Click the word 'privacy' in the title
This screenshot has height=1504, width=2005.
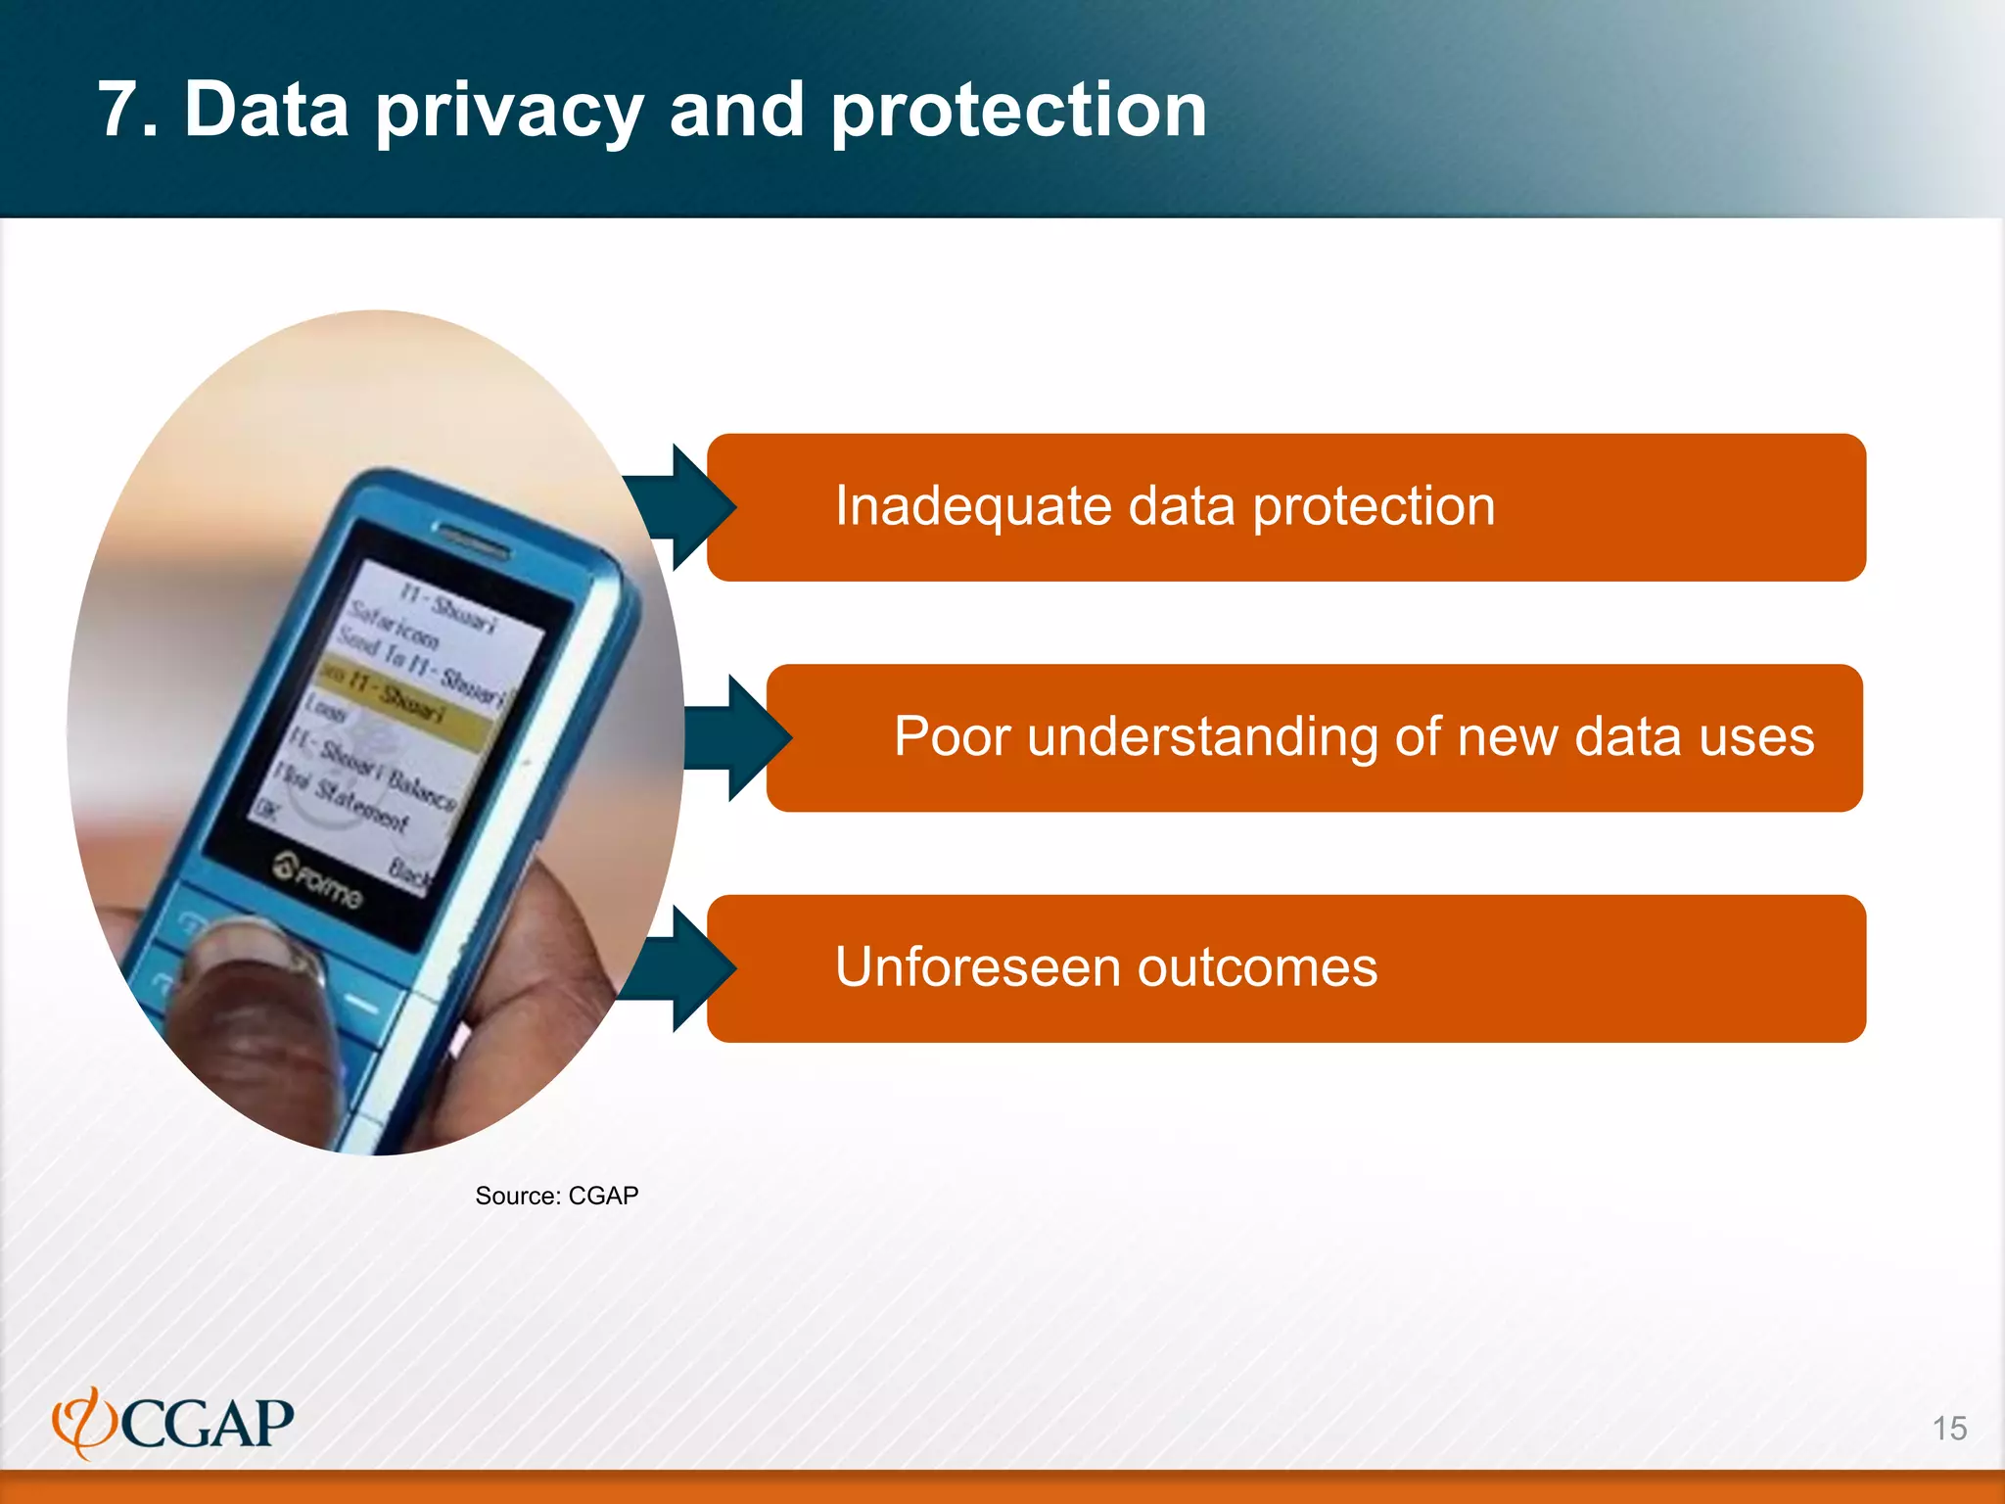(509, 112)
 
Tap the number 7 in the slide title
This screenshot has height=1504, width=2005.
(127, 110)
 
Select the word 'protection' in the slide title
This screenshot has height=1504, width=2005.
(1018, 112)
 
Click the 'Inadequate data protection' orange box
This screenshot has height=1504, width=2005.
(1285, 507)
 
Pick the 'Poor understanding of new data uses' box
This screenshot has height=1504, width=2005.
(1314, 737)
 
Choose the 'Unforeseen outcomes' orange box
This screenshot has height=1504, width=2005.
(1285, 968)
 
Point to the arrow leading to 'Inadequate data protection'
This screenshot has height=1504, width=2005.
(685, 507)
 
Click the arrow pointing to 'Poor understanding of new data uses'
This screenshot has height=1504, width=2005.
(744, 737)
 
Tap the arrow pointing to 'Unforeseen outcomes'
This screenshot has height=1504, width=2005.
(685, 968)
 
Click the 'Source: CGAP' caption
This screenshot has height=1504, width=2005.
(556, 1196)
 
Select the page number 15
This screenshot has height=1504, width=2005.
(1949, 1429)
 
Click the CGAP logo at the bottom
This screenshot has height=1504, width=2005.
(173, 1423)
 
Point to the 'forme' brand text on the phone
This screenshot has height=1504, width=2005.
(318, 881)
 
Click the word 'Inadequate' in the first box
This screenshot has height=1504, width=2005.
(972, 507)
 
